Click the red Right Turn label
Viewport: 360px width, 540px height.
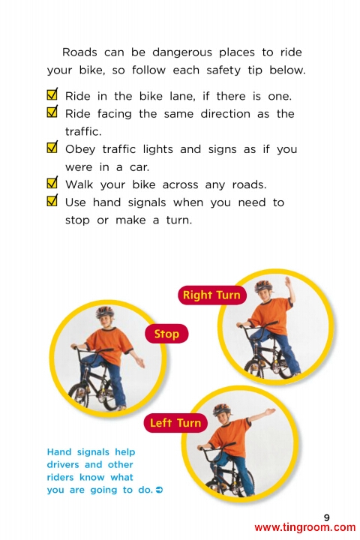(212, 295)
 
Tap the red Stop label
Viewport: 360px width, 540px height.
(166, 334)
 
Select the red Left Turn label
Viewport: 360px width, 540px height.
(175, 422)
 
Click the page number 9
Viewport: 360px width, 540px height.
(326, 517)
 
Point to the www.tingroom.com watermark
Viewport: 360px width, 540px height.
(305, 527)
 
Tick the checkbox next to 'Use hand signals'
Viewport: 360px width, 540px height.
(52, 199)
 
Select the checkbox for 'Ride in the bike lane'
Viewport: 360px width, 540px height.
(52, 93)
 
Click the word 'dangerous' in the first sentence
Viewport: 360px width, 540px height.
(182, 52)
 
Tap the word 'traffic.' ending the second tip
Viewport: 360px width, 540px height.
(83, 131)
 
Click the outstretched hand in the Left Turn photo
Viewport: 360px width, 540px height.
(270, 411)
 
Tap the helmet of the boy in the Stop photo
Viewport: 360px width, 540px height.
(105, 311)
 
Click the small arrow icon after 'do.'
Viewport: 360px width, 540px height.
(159, 489)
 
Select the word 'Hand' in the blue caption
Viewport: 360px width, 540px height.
(59, 451)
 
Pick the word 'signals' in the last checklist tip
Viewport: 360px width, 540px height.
(147, 203)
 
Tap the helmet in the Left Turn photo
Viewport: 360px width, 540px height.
(221, 409)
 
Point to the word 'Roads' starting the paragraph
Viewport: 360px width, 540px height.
(79, 52)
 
